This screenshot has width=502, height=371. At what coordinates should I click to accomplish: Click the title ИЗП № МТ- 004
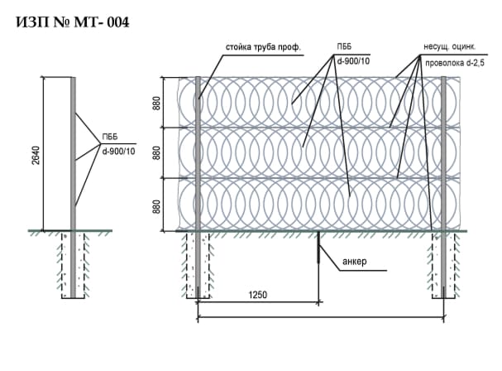pyautogui.click(x=72, y=23)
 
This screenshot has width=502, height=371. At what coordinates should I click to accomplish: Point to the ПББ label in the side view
pyautogui.click(x=111, y=137)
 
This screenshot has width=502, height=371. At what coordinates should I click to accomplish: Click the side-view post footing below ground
pyautogui.click(x=73, y=263)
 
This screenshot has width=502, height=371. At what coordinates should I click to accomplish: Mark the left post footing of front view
pyautogui.click(x=198, y=264)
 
